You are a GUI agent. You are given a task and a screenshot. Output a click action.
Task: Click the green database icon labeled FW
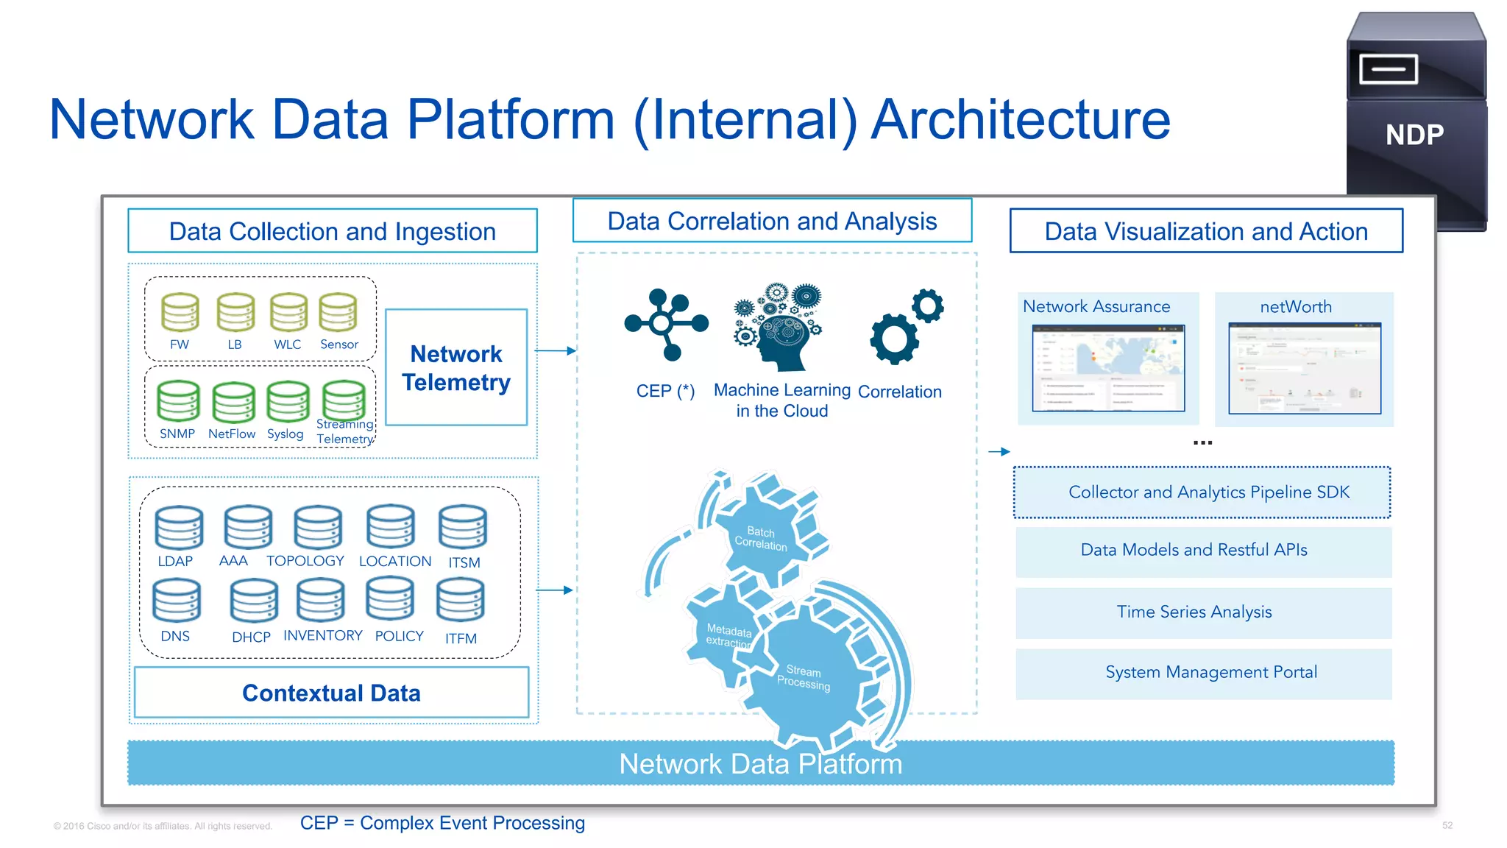coord(180,312)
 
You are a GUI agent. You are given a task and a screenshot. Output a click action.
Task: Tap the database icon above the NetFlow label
coord(233,402)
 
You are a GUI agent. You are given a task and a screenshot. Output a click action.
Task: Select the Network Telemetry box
coord(456,367)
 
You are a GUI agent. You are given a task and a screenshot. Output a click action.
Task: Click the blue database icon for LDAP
coord(179,528)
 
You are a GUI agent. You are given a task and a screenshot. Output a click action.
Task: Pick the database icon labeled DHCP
coord(254,601)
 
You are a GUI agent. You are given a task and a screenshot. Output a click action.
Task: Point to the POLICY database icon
coord(390,598)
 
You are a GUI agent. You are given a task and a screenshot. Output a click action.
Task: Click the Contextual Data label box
coord(331,693)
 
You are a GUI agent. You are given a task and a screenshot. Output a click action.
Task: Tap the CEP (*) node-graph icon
coord(665,325)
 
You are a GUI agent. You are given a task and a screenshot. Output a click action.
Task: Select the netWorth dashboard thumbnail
coord(1304,368)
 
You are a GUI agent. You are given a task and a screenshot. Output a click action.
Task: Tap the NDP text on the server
coord(1414,135)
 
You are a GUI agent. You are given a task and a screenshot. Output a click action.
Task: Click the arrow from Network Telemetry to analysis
coord(555,351)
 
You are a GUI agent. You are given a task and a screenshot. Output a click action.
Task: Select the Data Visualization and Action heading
coord(1205,231)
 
